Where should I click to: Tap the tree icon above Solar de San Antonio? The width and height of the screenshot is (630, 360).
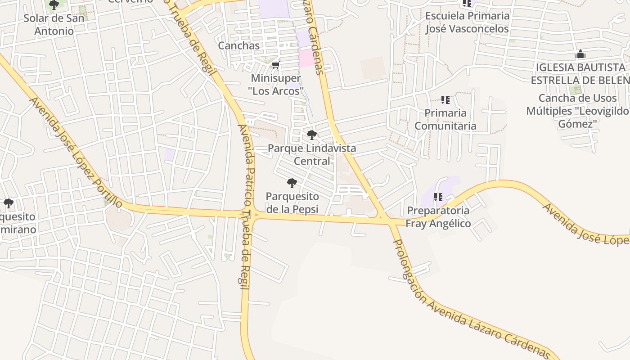(x=54, y=5)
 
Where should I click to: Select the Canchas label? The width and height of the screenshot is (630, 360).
(x=239, y=45)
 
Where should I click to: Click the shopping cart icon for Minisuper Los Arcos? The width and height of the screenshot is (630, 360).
(x=276, y=65)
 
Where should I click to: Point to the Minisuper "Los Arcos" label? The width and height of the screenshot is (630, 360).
(x=276, y=85)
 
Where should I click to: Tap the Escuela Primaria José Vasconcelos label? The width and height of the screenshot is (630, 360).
(x=467, y=22)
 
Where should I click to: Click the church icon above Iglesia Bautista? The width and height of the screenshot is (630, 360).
(x=580, y=55)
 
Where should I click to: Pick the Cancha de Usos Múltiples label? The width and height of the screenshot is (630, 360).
(x=577, y=111)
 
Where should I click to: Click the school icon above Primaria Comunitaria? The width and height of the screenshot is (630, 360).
(x=445, y=99)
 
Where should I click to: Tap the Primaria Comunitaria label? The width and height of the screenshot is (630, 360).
(x=445, y=119)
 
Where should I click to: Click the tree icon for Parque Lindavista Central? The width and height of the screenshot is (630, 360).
(x=311, y=135)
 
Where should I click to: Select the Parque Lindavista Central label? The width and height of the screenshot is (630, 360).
(x=312, y=154)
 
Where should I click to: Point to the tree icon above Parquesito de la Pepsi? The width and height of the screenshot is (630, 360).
(x=292, y=183)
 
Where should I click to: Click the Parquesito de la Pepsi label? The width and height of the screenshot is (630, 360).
(x=292, y=202)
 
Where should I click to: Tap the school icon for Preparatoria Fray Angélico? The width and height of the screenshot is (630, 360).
(x=438, y=197)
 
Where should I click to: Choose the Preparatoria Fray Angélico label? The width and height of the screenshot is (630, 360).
(x=438, y=217)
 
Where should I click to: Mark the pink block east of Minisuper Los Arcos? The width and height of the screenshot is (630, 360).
(x=308, y=58)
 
